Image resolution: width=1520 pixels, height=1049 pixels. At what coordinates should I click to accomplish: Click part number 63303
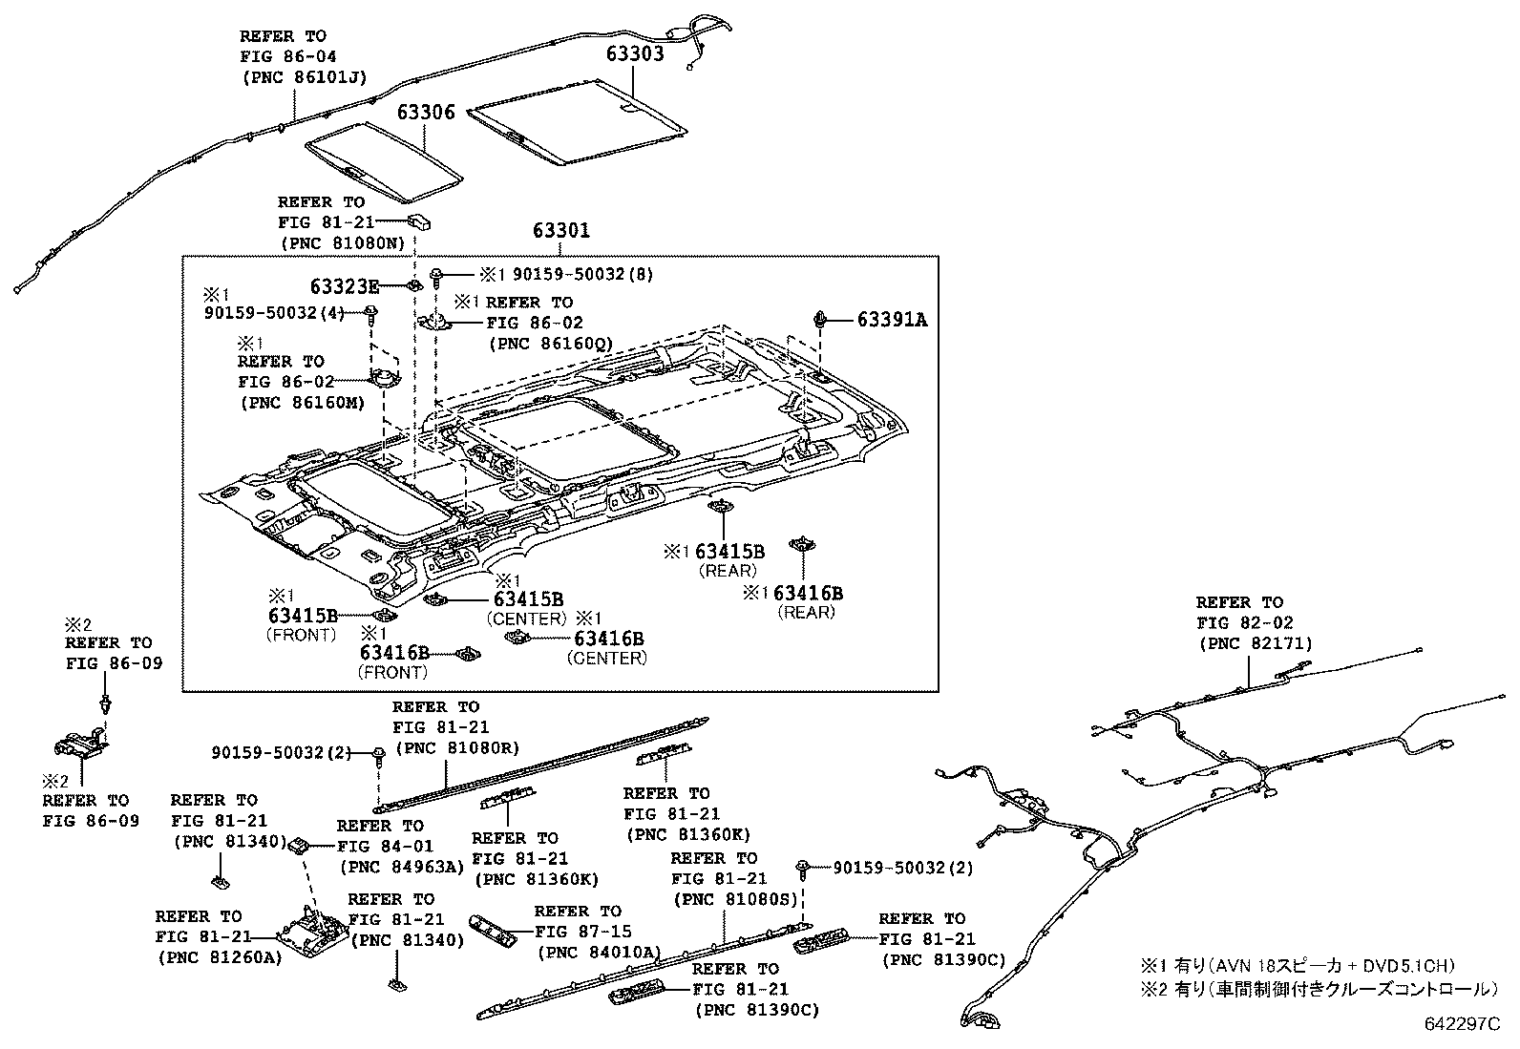[634, 53]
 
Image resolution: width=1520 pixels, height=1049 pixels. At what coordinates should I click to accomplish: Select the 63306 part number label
[426, 113]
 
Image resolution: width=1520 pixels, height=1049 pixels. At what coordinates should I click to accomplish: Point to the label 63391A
[892, 320]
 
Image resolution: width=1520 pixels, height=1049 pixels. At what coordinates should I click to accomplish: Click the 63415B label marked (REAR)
[729, 551]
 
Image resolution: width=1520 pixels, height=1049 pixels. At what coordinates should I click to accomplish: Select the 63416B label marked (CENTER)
[608, 639]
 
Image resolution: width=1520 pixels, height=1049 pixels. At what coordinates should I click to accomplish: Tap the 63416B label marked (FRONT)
[394, 653]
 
